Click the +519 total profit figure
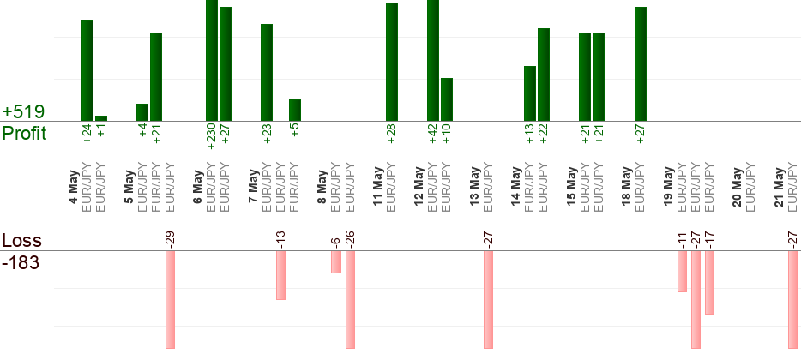[23, 111]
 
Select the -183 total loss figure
[21, 263]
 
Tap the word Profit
[25, 133]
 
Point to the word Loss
[22, 241]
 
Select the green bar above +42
[433, 60]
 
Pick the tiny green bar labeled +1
[101, 118]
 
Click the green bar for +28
[392, 62]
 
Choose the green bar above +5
[295, 111]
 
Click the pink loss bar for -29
[170, 300]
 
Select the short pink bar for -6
[335, 262]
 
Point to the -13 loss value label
[280, 240]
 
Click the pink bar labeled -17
[709, 282]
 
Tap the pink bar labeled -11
[682, 271]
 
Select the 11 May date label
[378, 186]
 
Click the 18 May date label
[627, 186]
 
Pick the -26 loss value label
[350, 240]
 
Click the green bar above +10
[447, 99]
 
